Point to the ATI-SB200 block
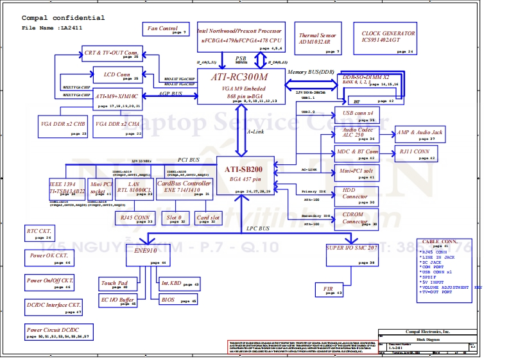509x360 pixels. pyautogui.click(x=243, y=174)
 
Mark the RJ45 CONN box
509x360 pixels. pyautogui.click(x=135, y=218)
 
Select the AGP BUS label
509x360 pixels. pyautogui.click(x=170, y=94)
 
